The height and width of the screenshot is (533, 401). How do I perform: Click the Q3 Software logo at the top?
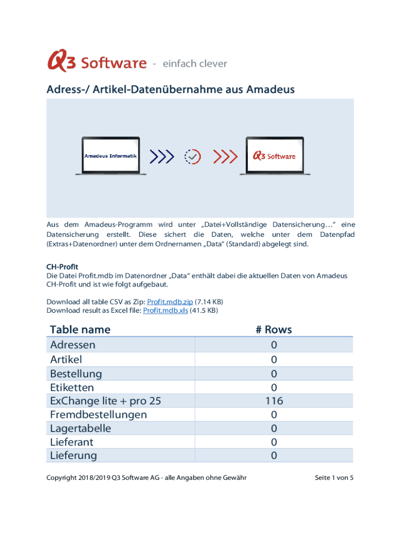(x=97, y=62)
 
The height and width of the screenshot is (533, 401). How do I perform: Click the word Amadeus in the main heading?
(x=270, y=90)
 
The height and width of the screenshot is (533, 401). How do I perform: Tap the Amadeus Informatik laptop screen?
(x=111, y=156)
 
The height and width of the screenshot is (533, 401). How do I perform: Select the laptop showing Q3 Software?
(x=274, y=156)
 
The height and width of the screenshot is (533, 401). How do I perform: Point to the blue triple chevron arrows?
(x=161, y=156)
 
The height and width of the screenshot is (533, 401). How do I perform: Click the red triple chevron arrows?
(x=225, y=156)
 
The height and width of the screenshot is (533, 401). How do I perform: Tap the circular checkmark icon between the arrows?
(x=193, y=156)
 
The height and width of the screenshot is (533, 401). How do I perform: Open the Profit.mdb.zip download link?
(x=170, y=302)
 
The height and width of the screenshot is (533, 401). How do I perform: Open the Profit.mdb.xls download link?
(x=165, y=311)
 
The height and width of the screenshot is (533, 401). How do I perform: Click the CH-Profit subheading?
(x=62, y=267)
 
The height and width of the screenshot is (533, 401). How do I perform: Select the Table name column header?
(x=80, y=329)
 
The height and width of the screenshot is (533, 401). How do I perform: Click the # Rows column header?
(x=273, y=329)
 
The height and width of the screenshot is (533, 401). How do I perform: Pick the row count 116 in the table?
(x=273, y=401)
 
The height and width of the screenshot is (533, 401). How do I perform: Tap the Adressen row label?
(x=73, y=345)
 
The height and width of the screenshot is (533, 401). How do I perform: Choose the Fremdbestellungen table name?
(x=98, y=414)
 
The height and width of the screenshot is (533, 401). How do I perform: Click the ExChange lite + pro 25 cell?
(x=106, y=401)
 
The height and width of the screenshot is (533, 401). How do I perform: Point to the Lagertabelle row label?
(x=80, y=428)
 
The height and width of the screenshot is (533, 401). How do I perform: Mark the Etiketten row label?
(x=72, y=387)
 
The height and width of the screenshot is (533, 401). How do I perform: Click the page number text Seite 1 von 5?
(x=334, y=478)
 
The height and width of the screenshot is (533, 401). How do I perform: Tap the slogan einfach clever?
(x=195, y=64)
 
